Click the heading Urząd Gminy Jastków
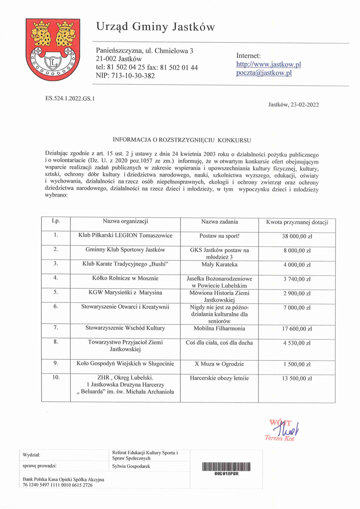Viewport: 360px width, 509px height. click(156, 27)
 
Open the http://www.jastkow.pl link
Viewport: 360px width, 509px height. click(269, 64)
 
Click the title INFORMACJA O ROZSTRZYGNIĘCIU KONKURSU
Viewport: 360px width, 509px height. click(181, 140)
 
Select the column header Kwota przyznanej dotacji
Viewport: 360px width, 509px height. click(297, 222)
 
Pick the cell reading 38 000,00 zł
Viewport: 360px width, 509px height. click(297, 236)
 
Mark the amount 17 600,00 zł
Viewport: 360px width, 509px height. click(297, 329)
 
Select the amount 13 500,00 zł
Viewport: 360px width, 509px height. click(297, 379)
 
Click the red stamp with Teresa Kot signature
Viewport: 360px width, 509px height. click(282, 429)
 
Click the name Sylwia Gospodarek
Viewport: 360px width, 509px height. click(131, 466)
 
